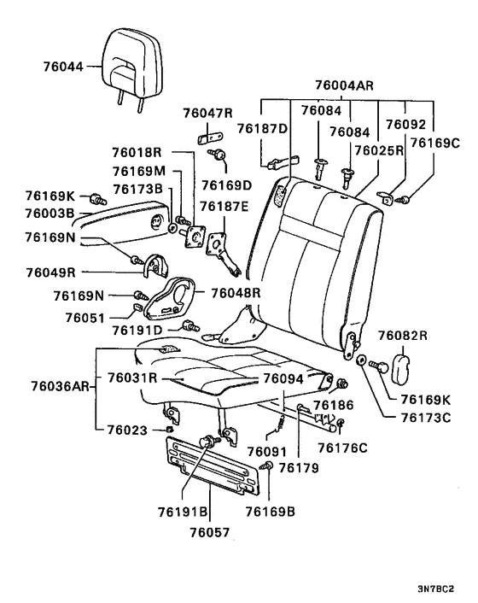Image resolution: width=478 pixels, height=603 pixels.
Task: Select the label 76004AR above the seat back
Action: tap(345, 85)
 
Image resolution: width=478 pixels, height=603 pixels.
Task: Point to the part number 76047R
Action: tap(207, 113)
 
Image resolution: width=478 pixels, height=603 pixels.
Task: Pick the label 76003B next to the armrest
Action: tap(49, 213)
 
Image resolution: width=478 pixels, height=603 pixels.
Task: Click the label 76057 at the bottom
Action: tap(209, 529)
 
